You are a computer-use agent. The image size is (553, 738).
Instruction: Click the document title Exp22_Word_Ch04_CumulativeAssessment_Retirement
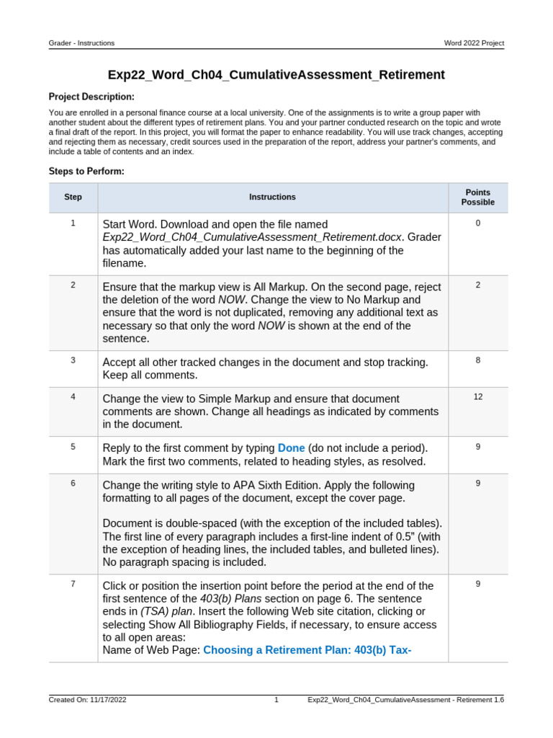(x=276, y=75)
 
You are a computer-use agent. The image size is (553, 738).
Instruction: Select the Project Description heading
(x=91, y=97)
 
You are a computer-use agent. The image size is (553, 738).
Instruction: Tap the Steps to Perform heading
(x=86, y=172)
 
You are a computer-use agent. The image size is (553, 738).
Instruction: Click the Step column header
(x=73, y=197)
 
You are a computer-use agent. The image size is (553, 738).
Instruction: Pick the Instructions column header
(x=272, y=197)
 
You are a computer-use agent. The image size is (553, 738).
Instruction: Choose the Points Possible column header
(x=477, y=197)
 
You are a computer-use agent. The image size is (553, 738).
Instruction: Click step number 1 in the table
(x=73, y=223)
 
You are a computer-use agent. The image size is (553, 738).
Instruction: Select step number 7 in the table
(x=73, y=584)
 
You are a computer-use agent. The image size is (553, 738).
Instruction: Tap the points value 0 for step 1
(x=477, y=223)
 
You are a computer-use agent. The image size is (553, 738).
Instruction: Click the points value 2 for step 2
(x=477, y=285)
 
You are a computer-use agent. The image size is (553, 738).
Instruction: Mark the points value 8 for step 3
(x=477, y=360)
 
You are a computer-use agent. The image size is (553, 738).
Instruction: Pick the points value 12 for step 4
(x=477, y=397)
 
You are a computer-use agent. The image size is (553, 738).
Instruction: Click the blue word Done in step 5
(x=291, y=448)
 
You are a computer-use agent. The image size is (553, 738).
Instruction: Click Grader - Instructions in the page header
(x=81, y=43)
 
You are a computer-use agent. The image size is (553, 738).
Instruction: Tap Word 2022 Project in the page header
(x=474, y=43)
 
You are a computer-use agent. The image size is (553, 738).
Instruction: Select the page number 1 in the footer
(x=276, y=700)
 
